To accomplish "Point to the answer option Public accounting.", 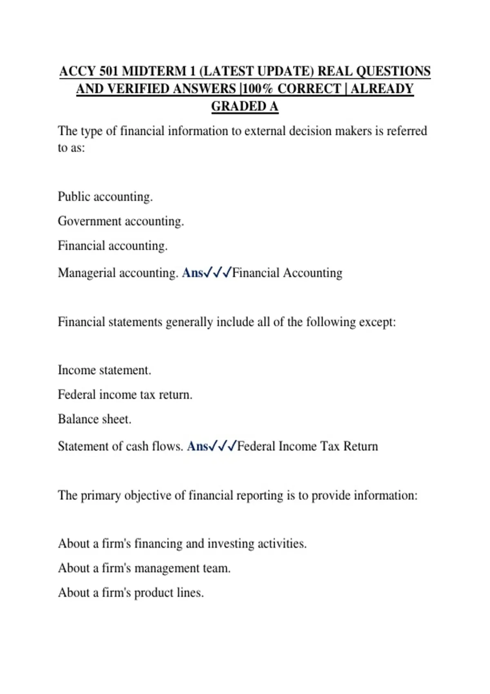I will (x=105, y=197).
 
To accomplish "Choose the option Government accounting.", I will (x=121, y=221).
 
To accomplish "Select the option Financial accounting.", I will (x=113, y=246).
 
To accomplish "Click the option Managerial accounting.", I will (x=118, y=273).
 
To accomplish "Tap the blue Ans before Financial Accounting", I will (x=192, y=273).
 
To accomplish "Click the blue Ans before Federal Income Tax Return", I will (x=198, y=446).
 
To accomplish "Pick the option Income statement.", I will (x=105, y=370).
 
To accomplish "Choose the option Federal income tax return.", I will (x=125, y=395).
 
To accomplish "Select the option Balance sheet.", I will (x=94, y=419).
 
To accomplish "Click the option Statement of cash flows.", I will (x=120, y=446).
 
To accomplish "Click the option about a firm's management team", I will (x=144, y=568).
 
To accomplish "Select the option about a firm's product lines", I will (x=131, y=593).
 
